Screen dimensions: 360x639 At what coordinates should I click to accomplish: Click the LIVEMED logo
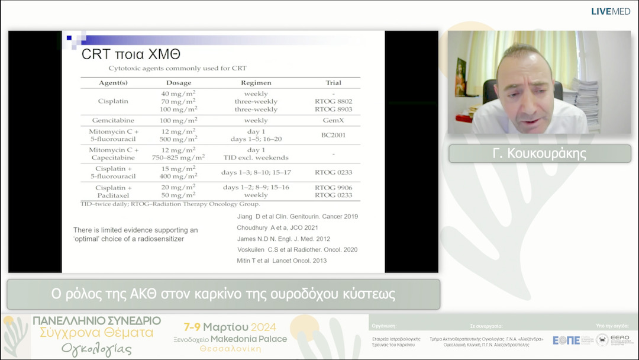tap(610, 11)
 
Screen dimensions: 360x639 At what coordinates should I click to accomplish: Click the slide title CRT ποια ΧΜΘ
tap(131, 54)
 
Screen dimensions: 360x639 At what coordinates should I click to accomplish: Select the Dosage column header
tap(179, 82)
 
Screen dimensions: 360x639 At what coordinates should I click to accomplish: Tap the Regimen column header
tap(256, 82)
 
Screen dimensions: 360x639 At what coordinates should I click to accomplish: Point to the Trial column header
tap(333, 82)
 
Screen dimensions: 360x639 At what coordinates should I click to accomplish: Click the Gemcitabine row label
tap(112, 120)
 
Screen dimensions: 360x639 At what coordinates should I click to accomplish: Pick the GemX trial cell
tap(333, 120)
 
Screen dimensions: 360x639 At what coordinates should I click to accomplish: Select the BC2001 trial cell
tap(333, 134)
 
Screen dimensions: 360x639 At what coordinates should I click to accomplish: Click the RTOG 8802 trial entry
tap(333, 101)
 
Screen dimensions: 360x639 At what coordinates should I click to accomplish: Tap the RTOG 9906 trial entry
tap(333, 187)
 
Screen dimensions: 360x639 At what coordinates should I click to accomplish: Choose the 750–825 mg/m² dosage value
tap(179, 157)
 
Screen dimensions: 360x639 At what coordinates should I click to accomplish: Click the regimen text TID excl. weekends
tap(256, 157)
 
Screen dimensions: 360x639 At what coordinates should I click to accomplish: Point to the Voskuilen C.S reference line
tap(297, 250)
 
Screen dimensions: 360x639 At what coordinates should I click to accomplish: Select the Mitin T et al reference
tap(282, 261)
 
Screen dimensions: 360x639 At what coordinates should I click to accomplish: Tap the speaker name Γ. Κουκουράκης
tap(540, 154)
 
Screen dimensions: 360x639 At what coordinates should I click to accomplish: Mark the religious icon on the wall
tap(460, 77)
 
